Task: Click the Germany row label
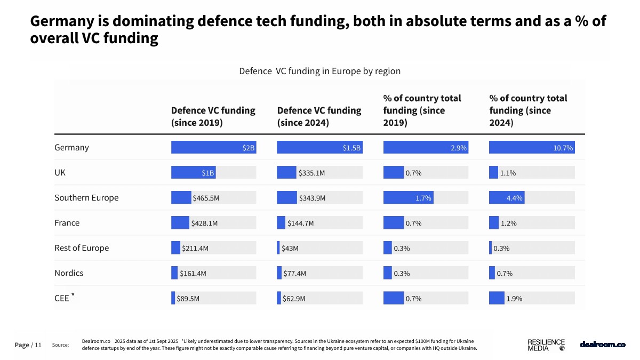[71, 148]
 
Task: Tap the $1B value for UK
[207, 173]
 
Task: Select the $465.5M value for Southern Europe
[206, 198]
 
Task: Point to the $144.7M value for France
[300, 223]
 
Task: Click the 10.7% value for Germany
[563, 148]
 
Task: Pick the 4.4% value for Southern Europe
[515, 198]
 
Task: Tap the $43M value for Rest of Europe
[290, 248]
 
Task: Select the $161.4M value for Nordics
[193, 273]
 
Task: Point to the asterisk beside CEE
[73, 294]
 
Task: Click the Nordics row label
[69, 273]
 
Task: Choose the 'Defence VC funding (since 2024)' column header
[319, 116]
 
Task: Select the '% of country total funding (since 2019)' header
[422, 110]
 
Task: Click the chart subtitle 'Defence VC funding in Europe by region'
[319, 71]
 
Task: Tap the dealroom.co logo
[602, 345]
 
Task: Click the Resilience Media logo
[546, 345]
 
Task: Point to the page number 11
[38, 345]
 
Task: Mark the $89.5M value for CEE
[188, 298]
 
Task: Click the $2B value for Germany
[249, 148]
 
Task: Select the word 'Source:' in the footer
[61, 345]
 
